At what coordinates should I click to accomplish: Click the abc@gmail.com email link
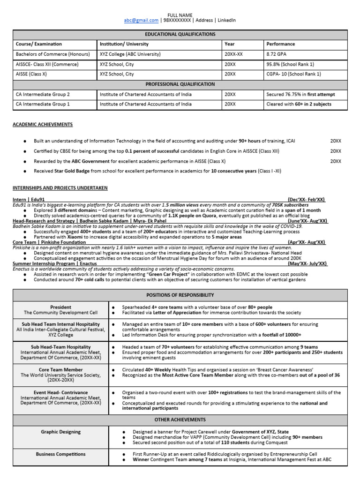[x=141, y=21]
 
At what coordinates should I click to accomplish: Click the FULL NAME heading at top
[x=180, y=15]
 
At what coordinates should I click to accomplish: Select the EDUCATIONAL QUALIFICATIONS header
[x=180, y=34]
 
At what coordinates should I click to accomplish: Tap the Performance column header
[x=281, y=44]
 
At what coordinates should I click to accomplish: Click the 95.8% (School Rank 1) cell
[x=290, y=64]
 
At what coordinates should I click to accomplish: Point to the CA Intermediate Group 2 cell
[x=43, y=94]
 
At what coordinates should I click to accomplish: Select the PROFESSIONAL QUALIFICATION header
[x=180, y=84]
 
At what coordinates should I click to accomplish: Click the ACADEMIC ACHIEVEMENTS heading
[x=43, y=124]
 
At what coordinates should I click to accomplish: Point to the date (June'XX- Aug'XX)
[x=307, y=221]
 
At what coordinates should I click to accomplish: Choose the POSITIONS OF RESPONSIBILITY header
[x=180, y=295]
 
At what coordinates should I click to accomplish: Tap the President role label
[x=61, y=307]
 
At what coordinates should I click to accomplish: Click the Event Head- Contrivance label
[x=61, y=393]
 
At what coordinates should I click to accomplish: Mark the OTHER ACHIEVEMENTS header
[x=180, y=420]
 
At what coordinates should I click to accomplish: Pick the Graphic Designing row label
[x=61, y=432]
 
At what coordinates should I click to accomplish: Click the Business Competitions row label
[x=61, y=454]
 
